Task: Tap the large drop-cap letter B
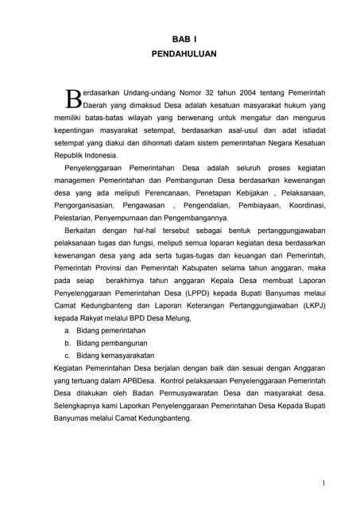click(72, 99)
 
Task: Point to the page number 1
click(324, 482)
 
